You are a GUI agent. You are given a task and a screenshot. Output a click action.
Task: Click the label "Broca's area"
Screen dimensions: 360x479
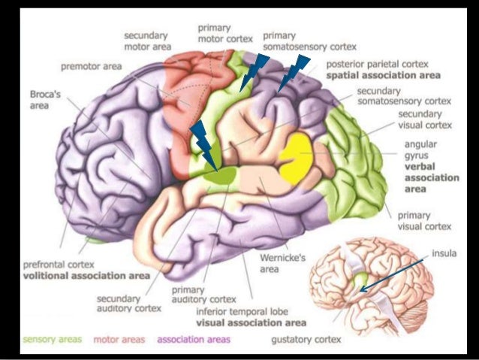[x=41, y=101]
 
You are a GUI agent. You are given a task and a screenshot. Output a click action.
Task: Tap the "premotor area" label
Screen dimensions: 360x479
[x=90, y=66]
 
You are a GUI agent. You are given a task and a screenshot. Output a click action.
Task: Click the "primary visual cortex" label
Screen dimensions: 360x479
[x=424, y=219]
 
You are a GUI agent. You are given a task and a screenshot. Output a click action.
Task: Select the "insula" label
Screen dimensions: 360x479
[x=443, y=255]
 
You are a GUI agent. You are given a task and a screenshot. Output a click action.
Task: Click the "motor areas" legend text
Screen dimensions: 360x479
[x=118, y=340]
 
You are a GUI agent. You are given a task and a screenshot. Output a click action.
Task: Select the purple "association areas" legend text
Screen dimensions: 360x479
[x=194, y=340]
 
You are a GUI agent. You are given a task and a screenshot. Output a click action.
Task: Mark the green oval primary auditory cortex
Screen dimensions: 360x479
[x=223, y=175]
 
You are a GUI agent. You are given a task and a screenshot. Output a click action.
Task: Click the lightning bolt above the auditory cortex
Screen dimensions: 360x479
[x=203, y=144]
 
